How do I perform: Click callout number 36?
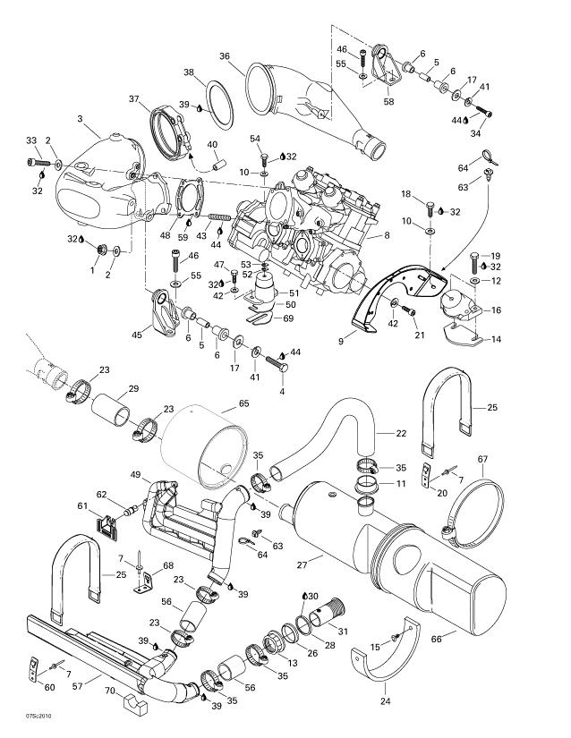click(225, 55)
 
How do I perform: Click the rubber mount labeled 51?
click(267, 292)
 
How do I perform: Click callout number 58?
click(388, 103)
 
